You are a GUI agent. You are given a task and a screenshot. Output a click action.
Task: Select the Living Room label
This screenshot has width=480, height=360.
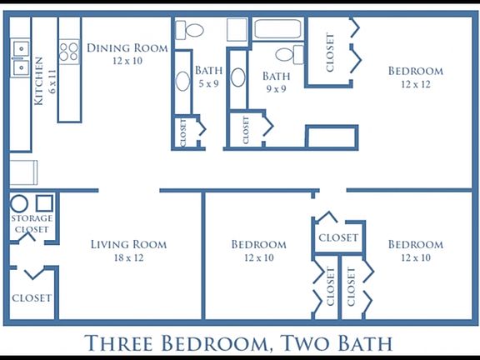coord(128,244)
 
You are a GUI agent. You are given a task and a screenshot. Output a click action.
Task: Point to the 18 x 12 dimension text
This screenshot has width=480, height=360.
coord(128,258)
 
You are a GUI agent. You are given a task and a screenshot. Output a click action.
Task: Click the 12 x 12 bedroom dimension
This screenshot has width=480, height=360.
coord(415,85)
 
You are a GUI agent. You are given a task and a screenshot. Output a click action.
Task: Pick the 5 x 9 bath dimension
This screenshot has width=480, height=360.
coord(207,84)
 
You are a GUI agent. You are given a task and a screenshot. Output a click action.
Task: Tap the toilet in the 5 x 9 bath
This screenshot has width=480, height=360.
coord(194,31)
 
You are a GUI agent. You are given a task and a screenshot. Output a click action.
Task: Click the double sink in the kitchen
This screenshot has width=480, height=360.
coord(19,57)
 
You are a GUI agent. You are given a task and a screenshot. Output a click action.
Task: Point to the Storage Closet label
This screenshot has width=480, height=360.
coord(32,223)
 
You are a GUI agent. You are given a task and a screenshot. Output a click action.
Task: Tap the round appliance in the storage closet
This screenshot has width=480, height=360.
coord(19,202)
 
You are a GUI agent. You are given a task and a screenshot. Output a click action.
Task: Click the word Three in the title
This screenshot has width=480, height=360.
coord(122,342)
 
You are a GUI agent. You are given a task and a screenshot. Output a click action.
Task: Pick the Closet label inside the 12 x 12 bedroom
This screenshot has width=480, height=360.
coord(331,52)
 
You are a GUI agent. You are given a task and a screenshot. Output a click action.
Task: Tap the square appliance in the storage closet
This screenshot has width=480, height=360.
coord(44,202)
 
